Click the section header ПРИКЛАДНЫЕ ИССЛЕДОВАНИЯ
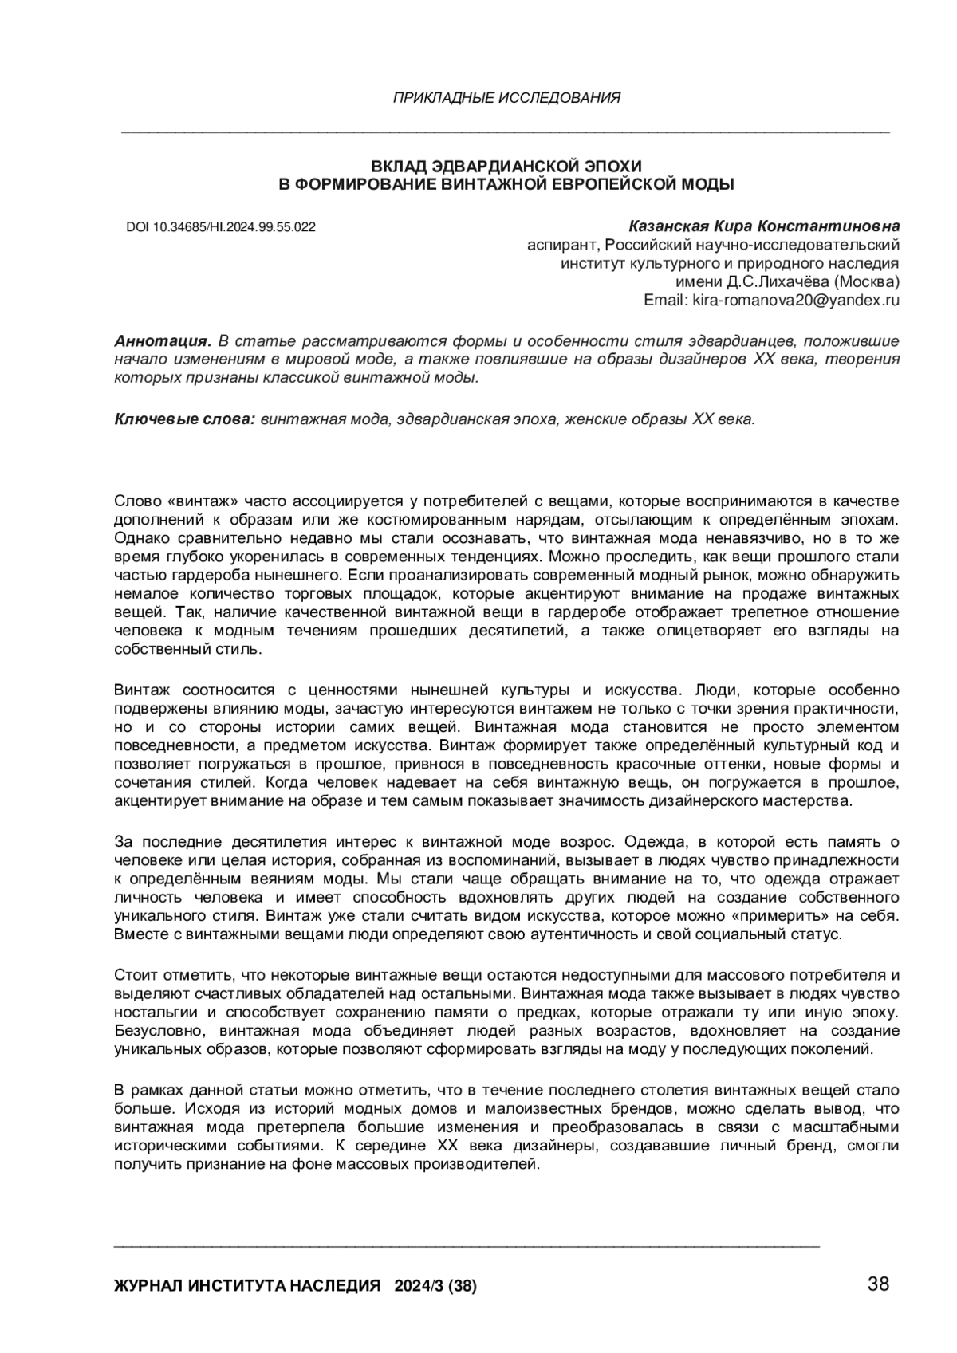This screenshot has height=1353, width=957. point(506,98)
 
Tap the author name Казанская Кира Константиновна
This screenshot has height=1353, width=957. point(764,226)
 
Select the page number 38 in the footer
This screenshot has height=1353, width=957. point(878,1284)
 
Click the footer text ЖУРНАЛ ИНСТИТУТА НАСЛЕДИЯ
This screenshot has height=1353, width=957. point(247,1286)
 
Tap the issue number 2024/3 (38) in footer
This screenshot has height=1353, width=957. point(436,1286)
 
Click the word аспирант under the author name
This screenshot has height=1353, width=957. point(561,245)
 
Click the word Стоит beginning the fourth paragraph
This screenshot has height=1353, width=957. point(134,975)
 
